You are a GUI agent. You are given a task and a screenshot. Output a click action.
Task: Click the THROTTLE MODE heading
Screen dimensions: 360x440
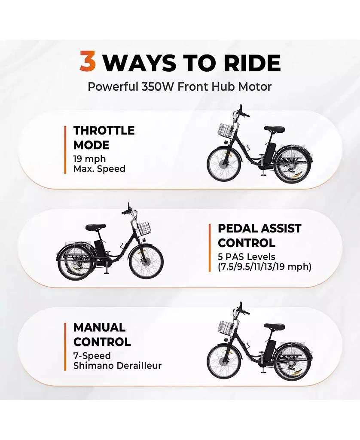tap(104, 138)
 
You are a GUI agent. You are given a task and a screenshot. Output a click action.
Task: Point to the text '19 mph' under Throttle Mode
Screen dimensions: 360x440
tap(89, 159)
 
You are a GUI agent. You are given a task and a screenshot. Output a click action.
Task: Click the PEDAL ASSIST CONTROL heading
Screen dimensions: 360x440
tap(259, 236)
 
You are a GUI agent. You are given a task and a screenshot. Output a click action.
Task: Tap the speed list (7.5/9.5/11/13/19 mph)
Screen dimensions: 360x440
tap(265, 266)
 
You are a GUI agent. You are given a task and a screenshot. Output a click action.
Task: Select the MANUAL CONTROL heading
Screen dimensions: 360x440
tap(102, 334)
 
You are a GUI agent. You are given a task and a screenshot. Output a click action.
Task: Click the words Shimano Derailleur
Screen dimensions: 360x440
tap(117, 366)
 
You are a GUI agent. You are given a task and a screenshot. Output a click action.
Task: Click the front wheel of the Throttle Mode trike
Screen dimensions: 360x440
tap(224, 164)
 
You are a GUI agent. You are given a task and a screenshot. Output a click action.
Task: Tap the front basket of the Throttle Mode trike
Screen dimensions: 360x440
tap(226, 131)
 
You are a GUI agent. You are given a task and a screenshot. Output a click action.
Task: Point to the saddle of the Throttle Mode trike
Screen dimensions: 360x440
tap(274, 129)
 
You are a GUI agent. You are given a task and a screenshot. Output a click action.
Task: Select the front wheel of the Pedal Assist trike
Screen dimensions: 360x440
tap(146, 262)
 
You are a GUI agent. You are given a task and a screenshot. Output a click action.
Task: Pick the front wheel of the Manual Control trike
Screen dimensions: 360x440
tap(224, 361)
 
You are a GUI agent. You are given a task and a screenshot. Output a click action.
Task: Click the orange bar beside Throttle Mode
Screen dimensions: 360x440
tap(65, 150)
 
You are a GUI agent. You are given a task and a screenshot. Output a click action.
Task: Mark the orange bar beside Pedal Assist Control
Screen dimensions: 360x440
tap(210, 248)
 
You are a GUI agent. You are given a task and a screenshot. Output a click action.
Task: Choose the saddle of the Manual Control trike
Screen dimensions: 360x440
tap(274, 326)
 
